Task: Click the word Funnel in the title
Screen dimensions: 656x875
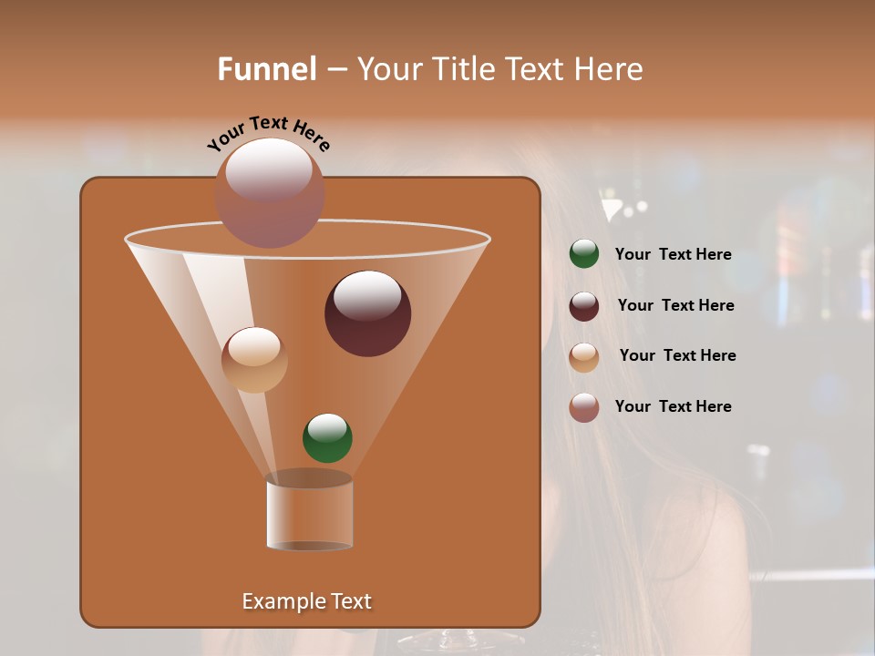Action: coord(267,69)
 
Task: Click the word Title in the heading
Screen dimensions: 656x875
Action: coord(463,69)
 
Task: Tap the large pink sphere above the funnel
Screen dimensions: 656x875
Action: coord(270,193)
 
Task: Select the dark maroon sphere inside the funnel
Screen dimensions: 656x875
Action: coord(368,314)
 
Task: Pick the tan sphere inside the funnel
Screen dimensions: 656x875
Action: coord(254,360)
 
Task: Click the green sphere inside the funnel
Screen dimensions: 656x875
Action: coord(327,437)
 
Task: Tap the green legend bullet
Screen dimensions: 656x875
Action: coord(584,254)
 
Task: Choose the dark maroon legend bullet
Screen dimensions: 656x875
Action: coord(584,306)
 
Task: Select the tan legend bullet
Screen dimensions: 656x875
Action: coord(584,357)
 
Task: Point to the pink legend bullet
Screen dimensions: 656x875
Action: coord(584,407)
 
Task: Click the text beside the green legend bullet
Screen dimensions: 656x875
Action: coord(673,255)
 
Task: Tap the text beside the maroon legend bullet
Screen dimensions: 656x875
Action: coord(675,306)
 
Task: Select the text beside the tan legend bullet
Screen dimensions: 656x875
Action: coord(677,356)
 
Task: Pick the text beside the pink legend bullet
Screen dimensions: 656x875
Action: coord(673,406)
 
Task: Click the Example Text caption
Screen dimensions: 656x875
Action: coord(306,601)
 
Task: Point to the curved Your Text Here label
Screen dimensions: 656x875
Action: coord(269,133)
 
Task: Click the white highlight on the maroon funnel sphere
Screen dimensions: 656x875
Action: coord(367,295)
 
